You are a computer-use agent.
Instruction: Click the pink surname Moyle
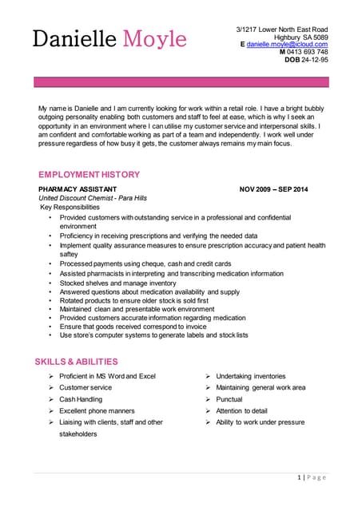(154, 38)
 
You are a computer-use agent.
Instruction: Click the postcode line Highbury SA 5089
(300, 37)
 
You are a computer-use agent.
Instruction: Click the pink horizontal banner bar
(181, 81)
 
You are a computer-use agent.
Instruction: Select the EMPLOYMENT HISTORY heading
(89, 175)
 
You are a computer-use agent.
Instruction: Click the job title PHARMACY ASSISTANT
(78, 189)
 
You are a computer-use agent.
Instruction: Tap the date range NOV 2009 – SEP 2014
(272, 189)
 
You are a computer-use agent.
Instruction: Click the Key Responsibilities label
(70, 207)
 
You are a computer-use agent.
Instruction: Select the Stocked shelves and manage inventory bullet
(117, 283)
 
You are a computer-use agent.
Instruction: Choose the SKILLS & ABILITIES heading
(76, 362)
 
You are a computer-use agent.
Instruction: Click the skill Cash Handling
(81, 399)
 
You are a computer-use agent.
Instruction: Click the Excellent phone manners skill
(97, 410)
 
